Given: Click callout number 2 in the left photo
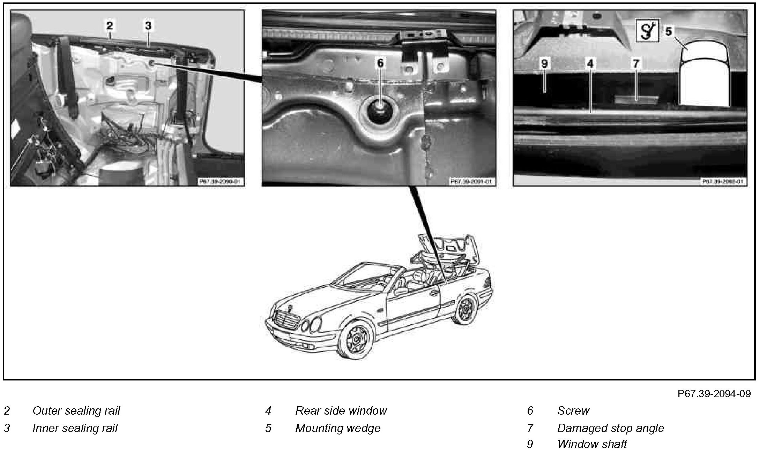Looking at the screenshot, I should [110, 25].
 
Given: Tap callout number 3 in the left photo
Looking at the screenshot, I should [148, 25].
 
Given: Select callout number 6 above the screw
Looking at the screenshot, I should [380, 63].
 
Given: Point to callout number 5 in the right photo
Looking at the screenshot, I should [668, 32].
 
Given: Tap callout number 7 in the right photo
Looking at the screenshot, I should [636, 63].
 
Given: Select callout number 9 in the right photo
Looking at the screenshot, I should [544, 63].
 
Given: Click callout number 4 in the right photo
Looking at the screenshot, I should [590, 63].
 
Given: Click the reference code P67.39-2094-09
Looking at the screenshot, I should [714, 394].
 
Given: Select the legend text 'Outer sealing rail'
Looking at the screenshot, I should [76, 411].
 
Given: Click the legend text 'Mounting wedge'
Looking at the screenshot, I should [338, 428].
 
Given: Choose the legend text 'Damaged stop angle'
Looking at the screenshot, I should [610, 428].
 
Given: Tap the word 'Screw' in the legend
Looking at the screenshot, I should [573, 411].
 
